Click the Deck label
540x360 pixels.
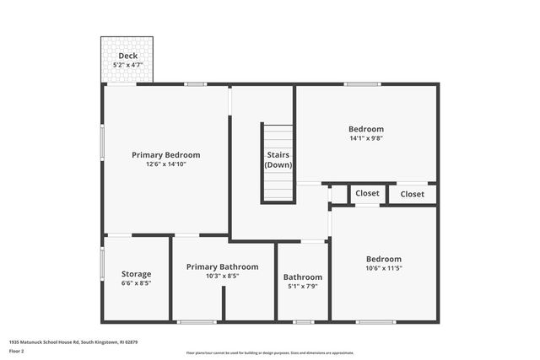point(127,56)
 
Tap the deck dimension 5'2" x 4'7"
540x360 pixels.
point(127,64)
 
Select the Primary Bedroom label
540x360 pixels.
point(165,154)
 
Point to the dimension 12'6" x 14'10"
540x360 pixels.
point(165,164)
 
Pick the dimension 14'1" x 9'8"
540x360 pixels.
point(366,138)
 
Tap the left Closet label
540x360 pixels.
point(367,193)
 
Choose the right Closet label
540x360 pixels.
point(413,194)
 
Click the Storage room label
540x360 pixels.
point(136,274)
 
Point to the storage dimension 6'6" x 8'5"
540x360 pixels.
point(136,284)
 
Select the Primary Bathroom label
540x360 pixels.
point(222,266)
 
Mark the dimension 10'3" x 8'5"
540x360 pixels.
point(222,276)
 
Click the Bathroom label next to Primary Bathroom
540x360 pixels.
point(302,277)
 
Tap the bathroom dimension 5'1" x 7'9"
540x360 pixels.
point(302,287)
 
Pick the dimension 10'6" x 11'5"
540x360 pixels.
point(383,268)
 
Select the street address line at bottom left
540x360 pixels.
point(73,341)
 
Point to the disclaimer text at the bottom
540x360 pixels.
point(270,352)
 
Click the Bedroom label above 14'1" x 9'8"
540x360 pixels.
point(366,129)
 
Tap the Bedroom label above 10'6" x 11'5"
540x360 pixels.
point(383,259)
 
